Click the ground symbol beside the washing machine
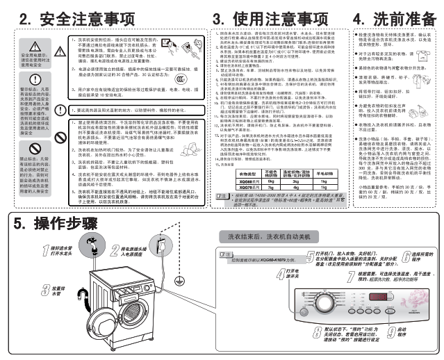[x=179, y=280]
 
